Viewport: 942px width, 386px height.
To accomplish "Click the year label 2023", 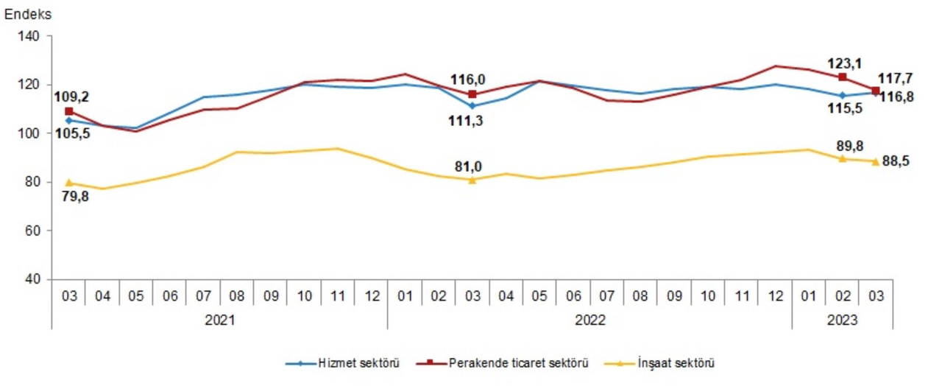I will [842, 320].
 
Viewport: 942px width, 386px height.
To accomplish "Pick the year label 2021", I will [219, 320].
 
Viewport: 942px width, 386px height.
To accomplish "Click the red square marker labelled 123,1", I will [842, 77].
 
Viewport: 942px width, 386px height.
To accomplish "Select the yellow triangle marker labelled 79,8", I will [69, 183].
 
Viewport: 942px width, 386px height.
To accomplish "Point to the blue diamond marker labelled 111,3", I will [472, 106].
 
